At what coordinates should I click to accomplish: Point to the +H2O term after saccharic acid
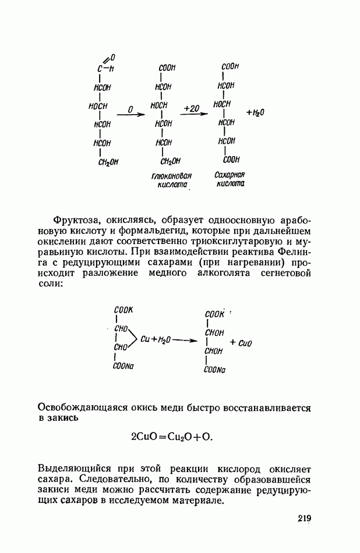256,112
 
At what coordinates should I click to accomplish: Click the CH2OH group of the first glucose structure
108,162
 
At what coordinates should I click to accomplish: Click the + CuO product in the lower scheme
240,343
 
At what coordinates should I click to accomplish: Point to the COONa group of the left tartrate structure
123,367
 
